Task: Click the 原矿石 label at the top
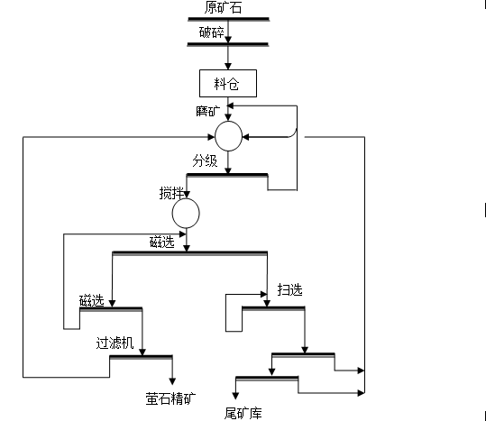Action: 223,7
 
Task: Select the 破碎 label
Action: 211,32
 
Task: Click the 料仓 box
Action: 228,83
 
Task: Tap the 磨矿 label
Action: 207,111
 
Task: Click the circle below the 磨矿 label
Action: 228,136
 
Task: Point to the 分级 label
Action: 205,160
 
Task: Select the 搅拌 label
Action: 171,193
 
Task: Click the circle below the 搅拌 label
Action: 186,213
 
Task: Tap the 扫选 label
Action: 289,290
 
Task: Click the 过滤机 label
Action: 115,343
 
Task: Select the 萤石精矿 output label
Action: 170,398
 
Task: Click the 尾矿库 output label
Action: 243,413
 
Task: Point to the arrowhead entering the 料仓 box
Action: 228,66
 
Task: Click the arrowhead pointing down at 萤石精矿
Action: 172,381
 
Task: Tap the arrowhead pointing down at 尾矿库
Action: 235,396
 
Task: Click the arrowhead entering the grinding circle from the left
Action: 211,137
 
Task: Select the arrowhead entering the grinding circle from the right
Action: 245,137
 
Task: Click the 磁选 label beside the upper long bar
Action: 162,242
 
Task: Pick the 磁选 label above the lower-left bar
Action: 92,300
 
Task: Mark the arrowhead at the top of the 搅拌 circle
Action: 187,195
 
